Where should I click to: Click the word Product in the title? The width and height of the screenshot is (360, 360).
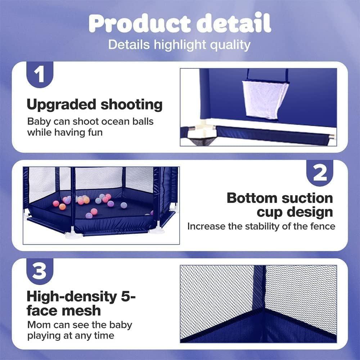(x=140, y=23)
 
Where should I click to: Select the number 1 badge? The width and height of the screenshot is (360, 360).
(x=40, y=75)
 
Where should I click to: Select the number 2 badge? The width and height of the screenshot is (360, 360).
(x=320, y=173)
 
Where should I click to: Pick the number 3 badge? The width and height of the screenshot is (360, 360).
(x=40, y=271)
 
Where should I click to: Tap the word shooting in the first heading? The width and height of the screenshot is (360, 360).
(x=131, y=105)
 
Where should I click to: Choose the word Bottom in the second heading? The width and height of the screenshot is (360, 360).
(x=252, y=198)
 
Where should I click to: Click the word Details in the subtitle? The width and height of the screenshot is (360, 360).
(x=129, y=45)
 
